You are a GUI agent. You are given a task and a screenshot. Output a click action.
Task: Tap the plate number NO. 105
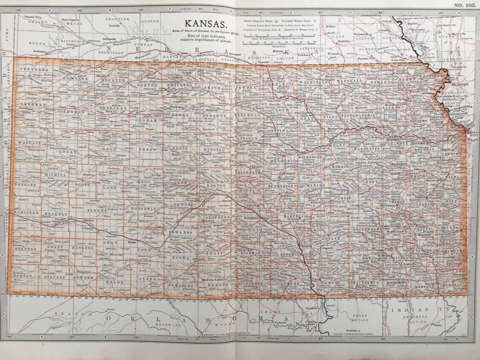click(x=465, y=5)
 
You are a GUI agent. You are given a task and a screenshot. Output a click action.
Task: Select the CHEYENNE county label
click(x=34, y=70)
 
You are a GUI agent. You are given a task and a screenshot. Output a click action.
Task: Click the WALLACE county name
click(x=29, y=143)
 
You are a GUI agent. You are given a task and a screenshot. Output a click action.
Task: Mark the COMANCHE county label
click(x=180, y=286)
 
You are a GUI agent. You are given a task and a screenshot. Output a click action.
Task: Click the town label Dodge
click(x=132, y=243)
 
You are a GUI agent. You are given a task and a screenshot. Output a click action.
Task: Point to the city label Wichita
click(x=306, y=245)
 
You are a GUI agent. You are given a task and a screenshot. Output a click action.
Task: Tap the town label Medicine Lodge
click(x=208, y=279)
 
